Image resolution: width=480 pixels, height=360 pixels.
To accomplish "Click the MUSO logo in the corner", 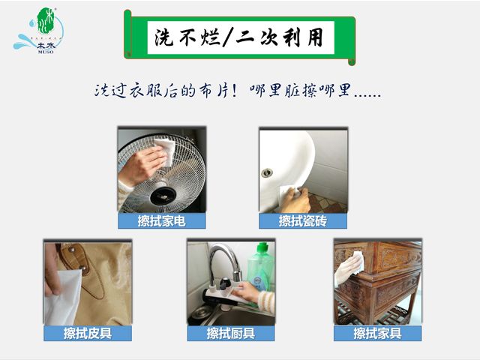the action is [x=38, y=31].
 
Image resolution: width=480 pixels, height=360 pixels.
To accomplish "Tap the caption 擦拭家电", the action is [x=162, y=221].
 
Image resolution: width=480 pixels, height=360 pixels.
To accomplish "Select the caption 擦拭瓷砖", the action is [x=303, y=221].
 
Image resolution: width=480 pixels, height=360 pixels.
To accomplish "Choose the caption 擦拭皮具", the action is [x=88, y=333].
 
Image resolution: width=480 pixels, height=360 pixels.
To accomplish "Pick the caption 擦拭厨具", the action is [x=231, y=333].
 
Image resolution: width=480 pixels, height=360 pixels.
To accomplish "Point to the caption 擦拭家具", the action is [x=377, y=333].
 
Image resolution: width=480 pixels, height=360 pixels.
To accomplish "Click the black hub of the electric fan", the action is [x=163, y=196].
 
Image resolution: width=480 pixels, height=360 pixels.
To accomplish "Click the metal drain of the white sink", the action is [x=267, y=172].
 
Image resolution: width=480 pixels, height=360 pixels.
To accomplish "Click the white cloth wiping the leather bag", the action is [x=63, y=297].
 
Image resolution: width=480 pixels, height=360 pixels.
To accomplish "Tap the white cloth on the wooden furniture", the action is [x=358, y=262].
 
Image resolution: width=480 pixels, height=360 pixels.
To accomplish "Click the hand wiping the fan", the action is [x=142, y=165].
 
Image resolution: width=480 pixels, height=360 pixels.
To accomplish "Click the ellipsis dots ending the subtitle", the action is [x=367, y=95].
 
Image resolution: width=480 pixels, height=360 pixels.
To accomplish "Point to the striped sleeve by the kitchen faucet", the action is [x=266, y=301].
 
